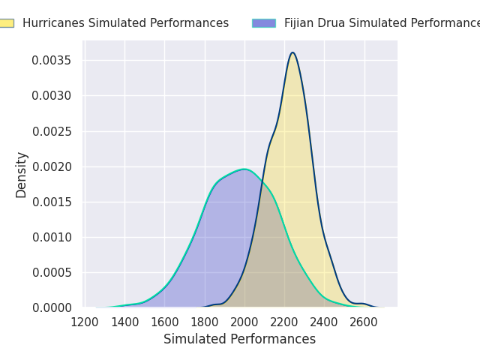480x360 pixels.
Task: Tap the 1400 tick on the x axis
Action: (x=124, y=322)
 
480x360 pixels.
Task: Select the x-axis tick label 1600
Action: (x=164, y=322)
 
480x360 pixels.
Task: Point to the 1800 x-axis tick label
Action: (x=205, y=322)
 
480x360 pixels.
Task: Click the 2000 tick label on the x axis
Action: (x=244, y=322)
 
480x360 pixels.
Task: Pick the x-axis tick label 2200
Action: (x=284, y=322)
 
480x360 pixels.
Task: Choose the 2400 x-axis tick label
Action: (x=324, y=322)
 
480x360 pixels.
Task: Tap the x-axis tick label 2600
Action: (x=364, y=322)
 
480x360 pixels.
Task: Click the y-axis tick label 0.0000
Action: (x=52, y=308)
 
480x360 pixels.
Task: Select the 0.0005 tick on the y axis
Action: (x=52, y=273)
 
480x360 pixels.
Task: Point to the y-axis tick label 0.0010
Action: (x=52, y=237)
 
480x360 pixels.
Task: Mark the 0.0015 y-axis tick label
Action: (x=52, y=202)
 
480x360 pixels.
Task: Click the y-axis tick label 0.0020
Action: (x=52, y=166)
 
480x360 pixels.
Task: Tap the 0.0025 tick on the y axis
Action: (x=52, y=131)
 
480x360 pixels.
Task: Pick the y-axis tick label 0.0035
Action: (x=52, y=60)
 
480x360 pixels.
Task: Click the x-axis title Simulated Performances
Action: (x=239, y=340)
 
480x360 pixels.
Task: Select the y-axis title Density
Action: (x=21, y=174)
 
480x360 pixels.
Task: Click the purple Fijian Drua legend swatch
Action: (x=263, y=23)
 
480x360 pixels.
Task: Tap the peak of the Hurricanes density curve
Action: (x=292, y=52)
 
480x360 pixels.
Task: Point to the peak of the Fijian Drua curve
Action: (x=244, y=169)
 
